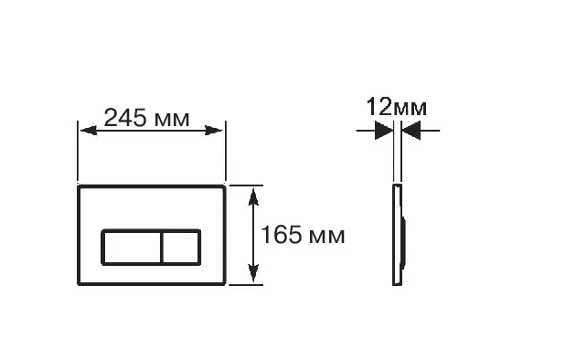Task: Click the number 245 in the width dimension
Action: pos(125,118)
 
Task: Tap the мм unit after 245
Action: pos(172,120)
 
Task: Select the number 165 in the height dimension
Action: pos(281,234)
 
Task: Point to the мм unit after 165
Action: pos(327,237)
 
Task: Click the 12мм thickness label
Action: pos(397,107)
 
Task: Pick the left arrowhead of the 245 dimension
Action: pos(89,131)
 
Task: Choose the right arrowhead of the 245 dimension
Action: pos(213,131)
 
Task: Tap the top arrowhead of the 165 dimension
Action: pos(253,196)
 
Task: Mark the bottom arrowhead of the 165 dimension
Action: pos(253,273)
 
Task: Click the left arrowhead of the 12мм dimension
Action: pos(384,131)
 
